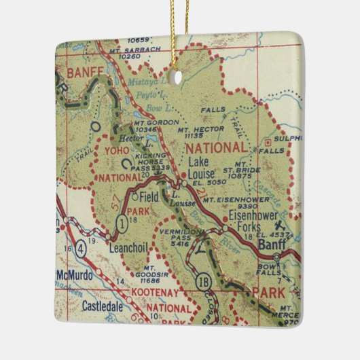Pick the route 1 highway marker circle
click(x=122, y=221)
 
